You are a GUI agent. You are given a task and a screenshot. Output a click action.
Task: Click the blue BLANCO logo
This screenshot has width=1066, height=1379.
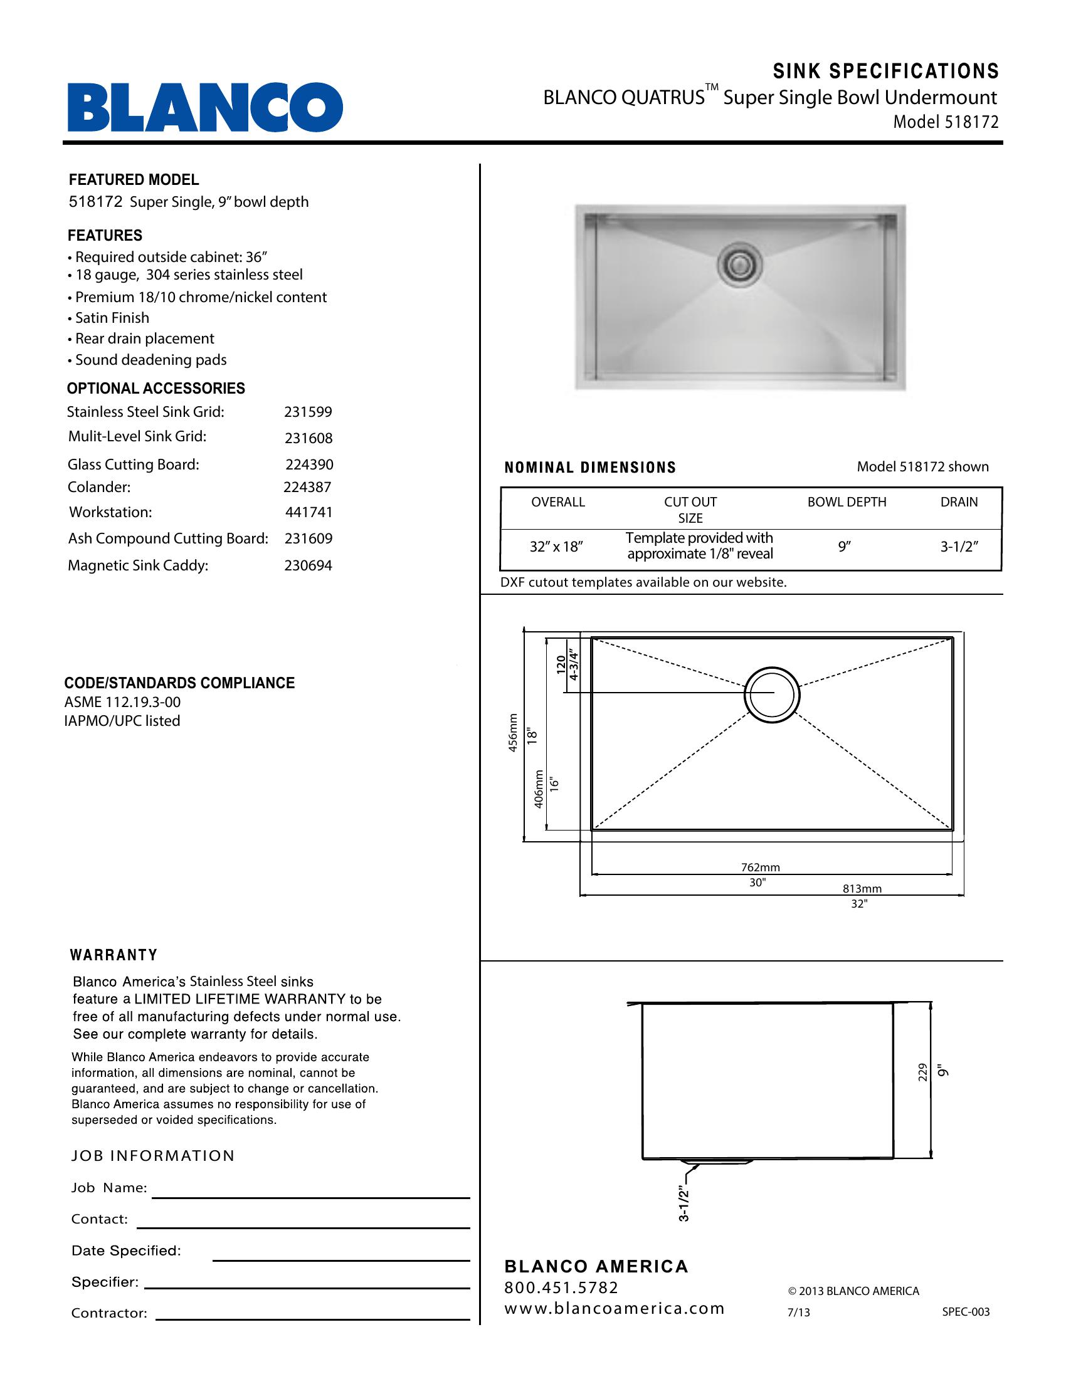click(205, 108)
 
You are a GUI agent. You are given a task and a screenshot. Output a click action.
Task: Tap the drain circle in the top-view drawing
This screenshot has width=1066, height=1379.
click(772, 693)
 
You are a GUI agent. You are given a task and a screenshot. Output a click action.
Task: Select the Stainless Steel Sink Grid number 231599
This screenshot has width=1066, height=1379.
click(307, 412)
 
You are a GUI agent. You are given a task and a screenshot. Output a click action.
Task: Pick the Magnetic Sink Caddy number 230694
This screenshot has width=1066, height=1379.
click(307, 566)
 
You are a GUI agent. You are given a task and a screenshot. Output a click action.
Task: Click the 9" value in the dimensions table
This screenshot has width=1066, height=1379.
click(845, 547)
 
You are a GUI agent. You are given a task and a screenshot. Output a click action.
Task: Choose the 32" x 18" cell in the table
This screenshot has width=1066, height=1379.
click(556, 547)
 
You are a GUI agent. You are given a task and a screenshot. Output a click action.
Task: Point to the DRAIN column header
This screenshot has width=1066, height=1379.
click(959, 503)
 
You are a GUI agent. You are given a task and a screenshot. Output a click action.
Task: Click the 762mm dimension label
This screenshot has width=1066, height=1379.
click(761, 868)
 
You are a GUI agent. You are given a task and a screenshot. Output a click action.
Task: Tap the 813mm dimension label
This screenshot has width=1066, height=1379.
click(862, 889)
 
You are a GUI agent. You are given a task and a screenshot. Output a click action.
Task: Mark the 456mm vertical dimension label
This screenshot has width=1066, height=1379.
click(514, 732)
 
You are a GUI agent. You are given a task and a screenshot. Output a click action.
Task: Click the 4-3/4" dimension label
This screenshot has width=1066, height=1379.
click(574, 665)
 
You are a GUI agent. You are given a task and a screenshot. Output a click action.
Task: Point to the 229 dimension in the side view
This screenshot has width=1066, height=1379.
click(922, 1072)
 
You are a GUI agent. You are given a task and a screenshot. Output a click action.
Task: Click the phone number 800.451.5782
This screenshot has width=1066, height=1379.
click(561, 1287)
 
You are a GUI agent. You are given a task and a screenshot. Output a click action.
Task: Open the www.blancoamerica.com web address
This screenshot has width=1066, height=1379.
click(614, 1308)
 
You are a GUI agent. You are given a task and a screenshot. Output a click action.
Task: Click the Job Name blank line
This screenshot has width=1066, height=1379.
click(310, 1196)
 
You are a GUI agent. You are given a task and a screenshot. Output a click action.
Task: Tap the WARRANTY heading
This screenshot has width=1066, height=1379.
click(113, 955)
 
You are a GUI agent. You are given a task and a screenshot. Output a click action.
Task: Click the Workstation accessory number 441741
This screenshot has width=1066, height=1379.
click(308, 513)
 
